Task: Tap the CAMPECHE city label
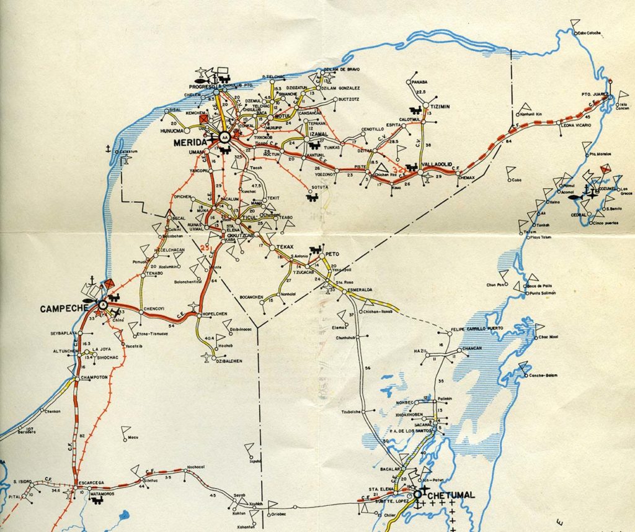point(62,309)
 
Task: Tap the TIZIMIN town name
point(440,106)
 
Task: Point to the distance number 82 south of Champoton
point(82,436)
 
